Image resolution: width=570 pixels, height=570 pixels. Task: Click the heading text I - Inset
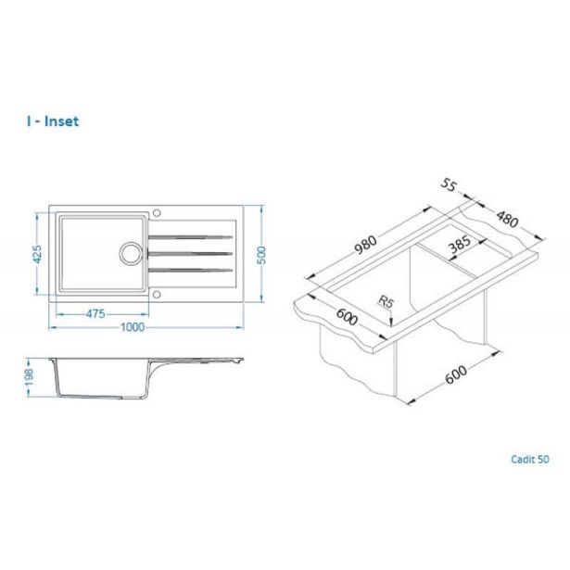(x=52, y=121)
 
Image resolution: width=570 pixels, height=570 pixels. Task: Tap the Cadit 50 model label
(x=530, y=459)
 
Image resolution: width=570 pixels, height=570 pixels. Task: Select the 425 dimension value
(x=37, y=254)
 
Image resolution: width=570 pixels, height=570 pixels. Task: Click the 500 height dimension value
(x=261, y=255)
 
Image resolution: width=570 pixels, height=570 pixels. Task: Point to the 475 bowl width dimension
(x=95, y=313)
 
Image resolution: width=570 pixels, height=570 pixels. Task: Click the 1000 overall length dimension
(x=133, y=327)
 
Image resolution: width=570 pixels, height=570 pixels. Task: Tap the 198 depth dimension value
(x=29, y=377)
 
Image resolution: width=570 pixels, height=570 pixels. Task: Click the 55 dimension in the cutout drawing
(x=449, y=185)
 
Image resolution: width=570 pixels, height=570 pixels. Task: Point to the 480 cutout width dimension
(x=507, y=220)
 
